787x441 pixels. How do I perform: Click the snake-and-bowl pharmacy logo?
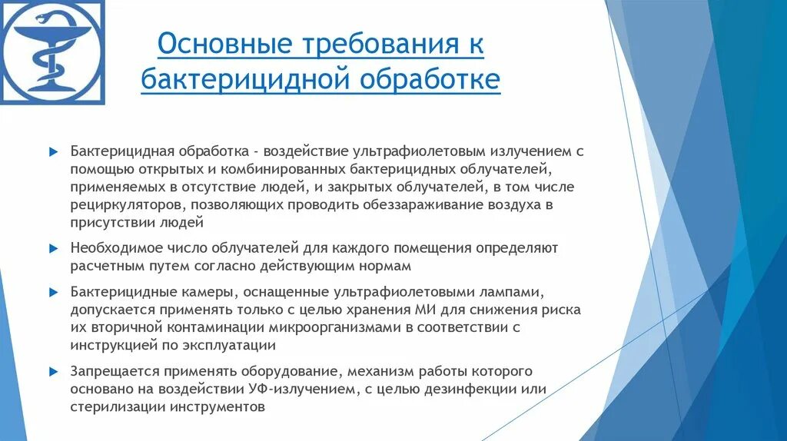coord(52,51)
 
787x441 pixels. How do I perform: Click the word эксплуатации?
coord(225,346)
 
